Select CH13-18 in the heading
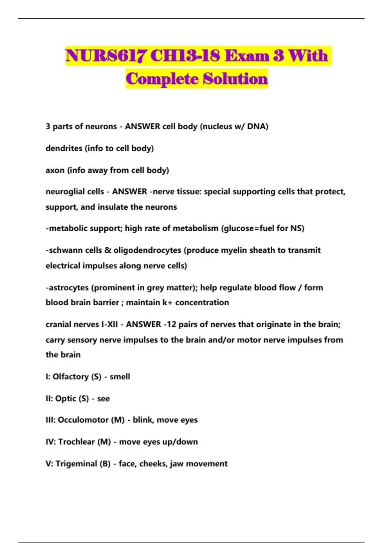coord(185,56)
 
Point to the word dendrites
coord(64,148)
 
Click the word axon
coord(55,170)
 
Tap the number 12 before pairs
coord(171,325)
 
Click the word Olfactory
coord(71,377)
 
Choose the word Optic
coord(65,399)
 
